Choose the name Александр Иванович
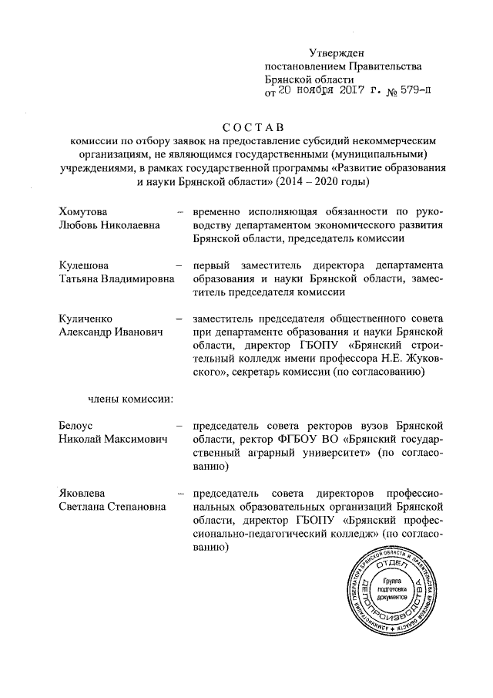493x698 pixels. [x=111, y=332]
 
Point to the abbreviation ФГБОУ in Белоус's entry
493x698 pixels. [x=314, y=440]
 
